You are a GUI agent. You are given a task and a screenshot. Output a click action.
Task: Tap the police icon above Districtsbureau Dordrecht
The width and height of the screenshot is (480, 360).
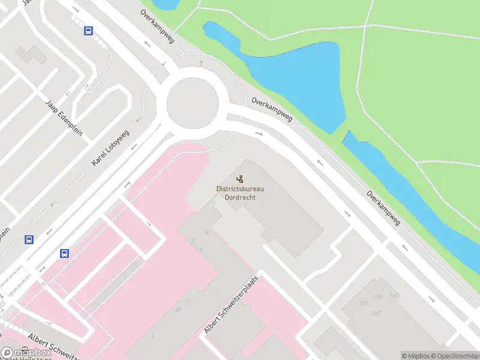[x=240, y=178]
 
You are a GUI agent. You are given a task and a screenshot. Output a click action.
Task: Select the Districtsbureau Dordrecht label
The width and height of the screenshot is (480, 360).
[x=240, y=193]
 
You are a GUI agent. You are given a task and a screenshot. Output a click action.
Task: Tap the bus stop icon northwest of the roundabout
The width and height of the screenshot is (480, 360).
[x=89, y=31]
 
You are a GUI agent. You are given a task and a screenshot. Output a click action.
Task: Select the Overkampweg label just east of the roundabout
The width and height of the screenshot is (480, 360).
[x=272, y=110]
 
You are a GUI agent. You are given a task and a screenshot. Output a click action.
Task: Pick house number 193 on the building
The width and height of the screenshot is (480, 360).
[x=377, y=296]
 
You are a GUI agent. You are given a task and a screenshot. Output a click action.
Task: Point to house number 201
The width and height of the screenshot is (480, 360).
[x=363, y=303]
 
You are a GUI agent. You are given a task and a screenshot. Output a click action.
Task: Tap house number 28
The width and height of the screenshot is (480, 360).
[x=178, y=309]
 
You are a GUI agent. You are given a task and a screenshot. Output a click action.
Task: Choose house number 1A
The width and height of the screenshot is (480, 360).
[x=206, y=232]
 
